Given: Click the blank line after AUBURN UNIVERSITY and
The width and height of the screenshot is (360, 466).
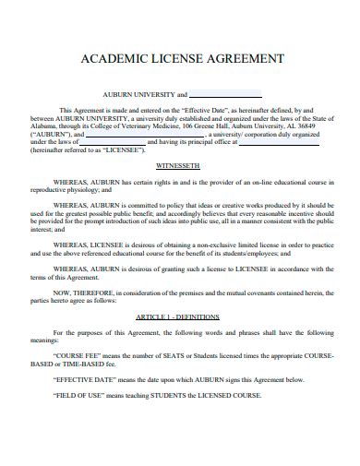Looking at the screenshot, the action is click(x=227, y=94).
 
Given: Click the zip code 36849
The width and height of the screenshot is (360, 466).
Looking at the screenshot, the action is click(x=310, y=125).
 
